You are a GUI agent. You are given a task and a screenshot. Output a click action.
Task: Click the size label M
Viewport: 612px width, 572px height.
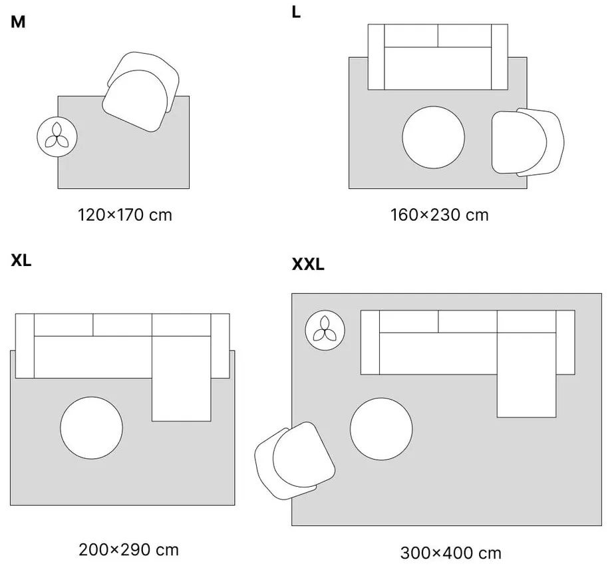click(18, 22)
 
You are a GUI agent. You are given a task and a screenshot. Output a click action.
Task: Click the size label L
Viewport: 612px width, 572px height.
click(296, 12)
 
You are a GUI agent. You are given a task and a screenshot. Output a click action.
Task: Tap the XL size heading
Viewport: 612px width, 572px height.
click(21, 260)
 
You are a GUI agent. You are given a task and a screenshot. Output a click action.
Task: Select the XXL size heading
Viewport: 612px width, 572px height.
click(308, 264)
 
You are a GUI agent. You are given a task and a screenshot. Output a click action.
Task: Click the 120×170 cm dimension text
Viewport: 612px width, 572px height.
click(125, 215)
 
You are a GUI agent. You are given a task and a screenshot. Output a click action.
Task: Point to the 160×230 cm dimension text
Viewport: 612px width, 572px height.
click(439, 215)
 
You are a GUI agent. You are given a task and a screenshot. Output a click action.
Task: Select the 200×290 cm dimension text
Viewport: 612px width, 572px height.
click(128, 550)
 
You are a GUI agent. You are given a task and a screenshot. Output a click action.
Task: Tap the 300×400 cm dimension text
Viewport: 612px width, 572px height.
click(450, 553)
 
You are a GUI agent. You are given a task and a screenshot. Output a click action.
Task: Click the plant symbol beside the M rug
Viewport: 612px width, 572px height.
click(57, 137)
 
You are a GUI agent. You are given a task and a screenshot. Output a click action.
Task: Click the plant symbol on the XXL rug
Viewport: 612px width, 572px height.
click(325, 329)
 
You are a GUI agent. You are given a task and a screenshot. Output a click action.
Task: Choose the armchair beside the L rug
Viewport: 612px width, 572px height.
click(527, 142)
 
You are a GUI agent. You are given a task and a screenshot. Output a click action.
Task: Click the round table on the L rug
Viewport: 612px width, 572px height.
click(434, 138)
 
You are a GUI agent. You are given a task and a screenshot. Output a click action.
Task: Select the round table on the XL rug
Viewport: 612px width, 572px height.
click(91, 428)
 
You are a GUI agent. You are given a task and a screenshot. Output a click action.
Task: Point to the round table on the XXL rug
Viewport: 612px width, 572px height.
click(381, 428)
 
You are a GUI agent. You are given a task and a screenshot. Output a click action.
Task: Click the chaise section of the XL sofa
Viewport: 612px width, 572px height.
click(181, 378)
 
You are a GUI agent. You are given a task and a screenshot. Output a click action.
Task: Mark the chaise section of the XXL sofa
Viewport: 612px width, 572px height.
click(526, 374)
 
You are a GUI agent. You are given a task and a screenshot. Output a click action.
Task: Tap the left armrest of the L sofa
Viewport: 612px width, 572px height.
click(377, 57)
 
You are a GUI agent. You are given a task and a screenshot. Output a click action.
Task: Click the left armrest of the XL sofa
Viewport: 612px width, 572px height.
click(25, 346)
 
